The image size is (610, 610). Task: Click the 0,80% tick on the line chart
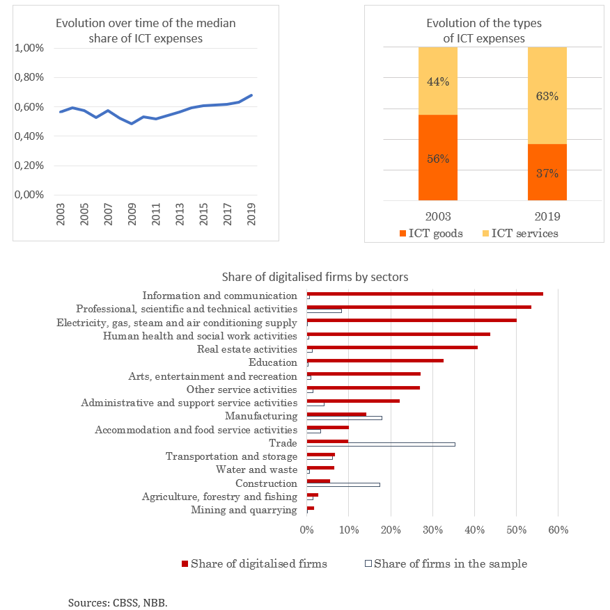[x=29, y=77]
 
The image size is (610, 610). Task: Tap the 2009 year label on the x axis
[x=132, y=214]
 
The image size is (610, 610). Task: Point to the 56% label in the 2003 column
[x=438, y=159]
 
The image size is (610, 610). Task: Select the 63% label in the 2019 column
[x=547, y=96]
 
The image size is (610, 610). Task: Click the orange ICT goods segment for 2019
[x=547, y=172]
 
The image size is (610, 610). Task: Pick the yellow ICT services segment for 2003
[x=438, y=81]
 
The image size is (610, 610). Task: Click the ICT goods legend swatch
[x=402, y=234]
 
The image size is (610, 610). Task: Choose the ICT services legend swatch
[x=485, y=234]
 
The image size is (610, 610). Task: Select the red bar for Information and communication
[x=425, y=294]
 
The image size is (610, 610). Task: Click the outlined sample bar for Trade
[x=381, y=444]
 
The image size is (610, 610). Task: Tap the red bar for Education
[x=375, y=360]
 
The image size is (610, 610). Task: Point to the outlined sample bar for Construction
[x=343, y=485]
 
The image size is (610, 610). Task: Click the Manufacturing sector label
[x=261, y=416]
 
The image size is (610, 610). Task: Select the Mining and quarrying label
[x=244, y=510]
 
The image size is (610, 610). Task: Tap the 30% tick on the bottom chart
[x=432, y=530]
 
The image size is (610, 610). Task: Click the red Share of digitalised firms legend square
[x=185, y=563]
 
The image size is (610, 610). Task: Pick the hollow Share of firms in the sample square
[x=368, y=563]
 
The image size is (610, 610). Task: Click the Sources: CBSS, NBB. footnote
[x=118, y=602]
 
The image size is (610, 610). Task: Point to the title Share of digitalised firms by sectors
[x=315, y=277]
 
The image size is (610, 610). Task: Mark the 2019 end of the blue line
[x=251, y=95]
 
